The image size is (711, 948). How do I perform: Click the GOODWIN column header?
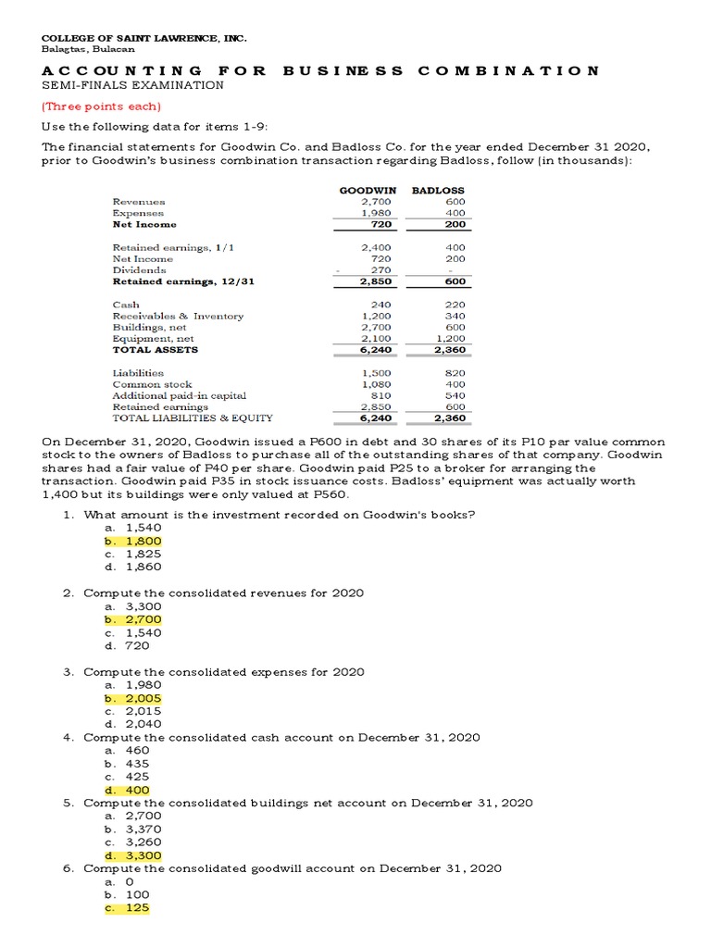(363, 190)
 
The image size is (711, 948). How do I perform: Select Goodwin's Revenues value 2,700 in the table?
(377, 201)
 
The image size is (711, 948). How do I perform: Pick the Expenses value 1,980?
(377, 213)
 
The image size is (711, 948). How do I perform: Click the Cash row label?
(126, 305)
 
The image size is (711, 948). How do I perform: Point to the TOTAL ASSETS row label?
(155, 350)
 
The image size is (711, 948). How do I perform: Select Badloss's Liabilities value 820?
(455, 373)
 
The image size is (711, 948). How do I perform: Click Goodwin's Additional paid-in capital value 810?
(380, 395)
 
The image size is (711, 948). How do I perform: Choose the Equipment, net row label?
(153, 339)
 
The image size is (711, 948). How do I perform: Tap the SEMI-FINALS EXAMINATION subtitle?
(132, 85)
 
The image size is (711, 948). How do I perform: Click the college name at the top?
(143, 39)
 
